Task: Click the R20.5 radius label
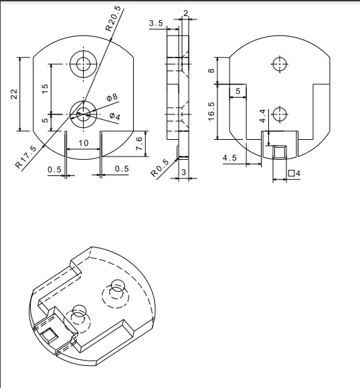[114, 19]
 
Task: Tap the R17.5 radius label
[25, 157]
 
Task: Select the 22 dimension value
[14, 94]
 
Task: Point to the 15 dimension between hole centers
[45, 88]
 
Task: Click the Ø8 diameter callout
[112, 97]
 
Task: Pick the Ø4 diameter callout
[115, 116]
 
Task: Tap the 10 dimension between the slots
[84, 143]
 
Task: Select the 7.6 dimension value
[139, 143]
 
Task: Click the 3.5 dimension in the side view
[156, 23]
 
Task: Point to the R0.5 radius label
[160, 168]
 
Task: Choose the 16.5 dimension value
[211, 112]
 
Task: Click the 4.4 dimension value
[262, 116]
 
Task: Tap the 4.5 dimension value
[230, 158]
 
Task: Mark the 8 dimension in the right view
[211, 70]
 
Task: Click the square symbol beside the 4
[292, 173]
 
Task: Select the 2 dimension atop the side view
[186, 13]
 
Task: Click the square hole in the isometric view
[50, 334]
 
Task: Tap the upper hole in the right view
[280, 64]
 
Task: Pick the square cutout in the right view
[280, 153]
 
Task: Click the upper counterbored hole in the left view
[83, 64]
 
